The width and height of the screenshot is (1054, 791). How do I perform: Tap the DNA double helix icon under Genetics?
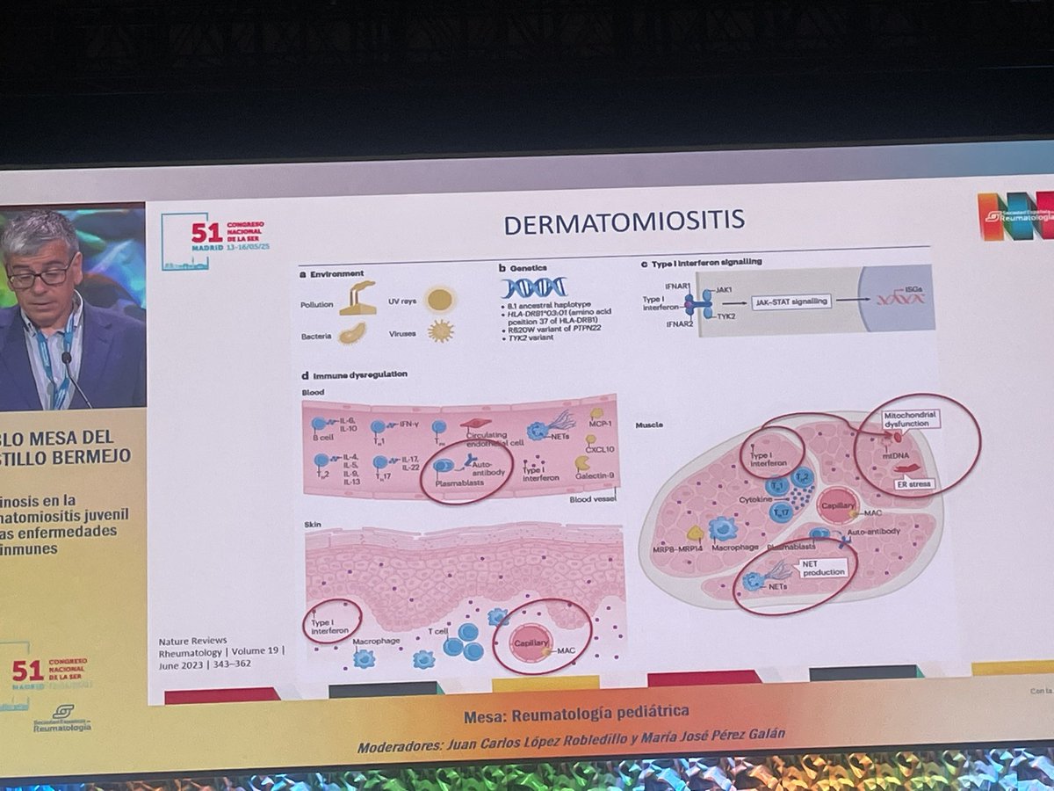pyautogui.click(x=534, y=287)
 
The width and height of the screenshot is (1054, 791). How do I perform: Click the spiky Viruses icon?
pyautogui.click(x=439, y=331)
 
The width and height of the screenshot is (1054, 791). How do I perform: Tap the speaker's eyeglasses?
pyautogui.click(x=41, y=274)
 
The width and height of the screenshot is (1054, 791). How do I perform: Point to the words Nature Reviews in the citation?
pyautogui.click(x=193, y=640)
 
